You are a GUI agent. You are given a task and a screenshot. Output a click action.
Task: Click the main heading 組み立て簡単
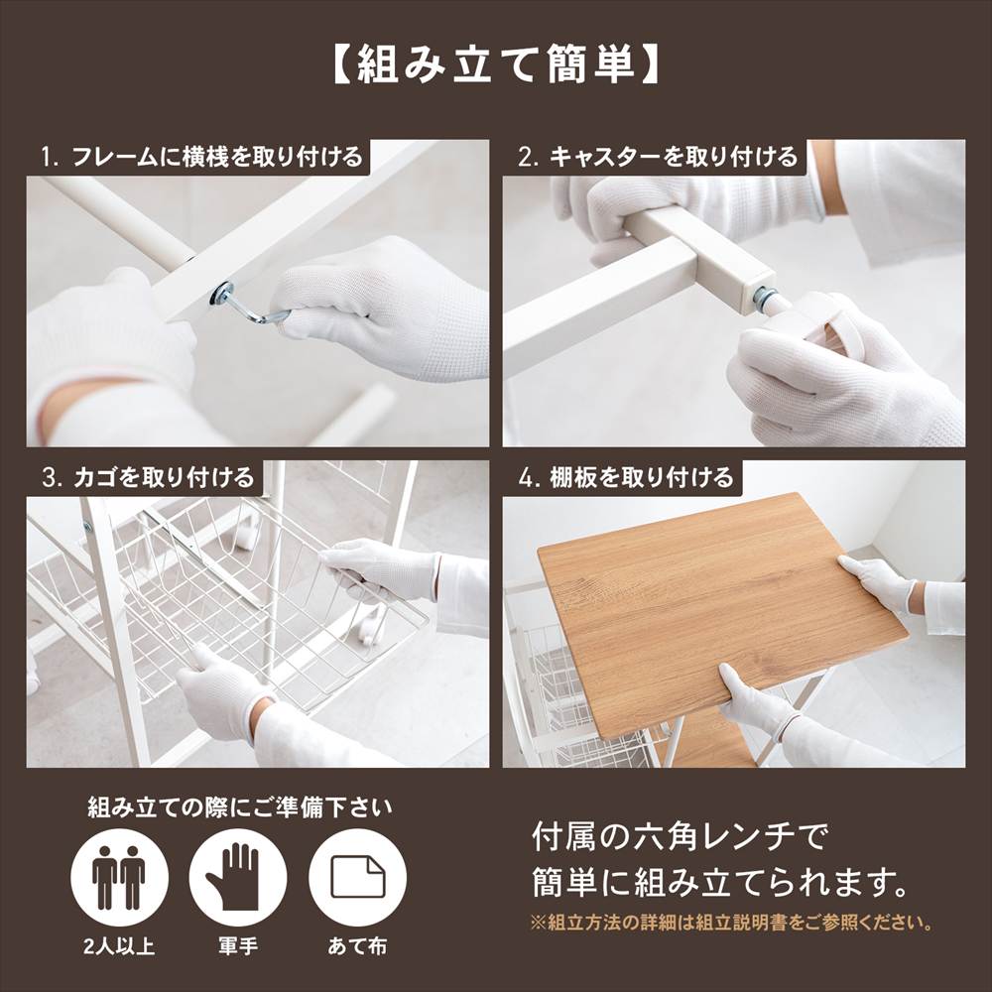pos(495,64)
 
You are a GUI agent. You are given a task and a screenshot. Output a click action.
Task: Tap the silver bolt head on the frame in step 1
pos(222,294)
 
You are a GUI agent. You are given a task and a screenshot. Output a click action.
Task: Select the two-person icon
pos(119,878)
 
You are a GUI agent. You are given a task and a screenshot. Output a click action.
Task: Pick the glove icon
pos(237,878)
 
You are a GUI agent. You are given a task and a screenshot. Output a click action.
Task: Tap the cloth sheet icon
pos(357,878)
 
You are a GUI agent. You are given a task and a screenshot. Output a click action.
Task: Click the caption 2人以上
pos(119,946)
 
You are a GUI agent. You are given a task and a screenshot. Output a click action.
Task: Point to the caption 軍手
pos(237,946)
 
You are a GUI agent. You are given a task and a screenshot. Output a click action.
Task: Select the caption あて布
pos(357,946)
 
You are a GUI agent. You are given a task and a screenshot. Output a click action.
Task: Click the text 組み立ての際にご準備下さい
pos(240,807)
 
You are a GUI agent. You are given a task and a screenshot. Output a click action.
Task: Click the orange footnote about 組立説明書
pos(732,923)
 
